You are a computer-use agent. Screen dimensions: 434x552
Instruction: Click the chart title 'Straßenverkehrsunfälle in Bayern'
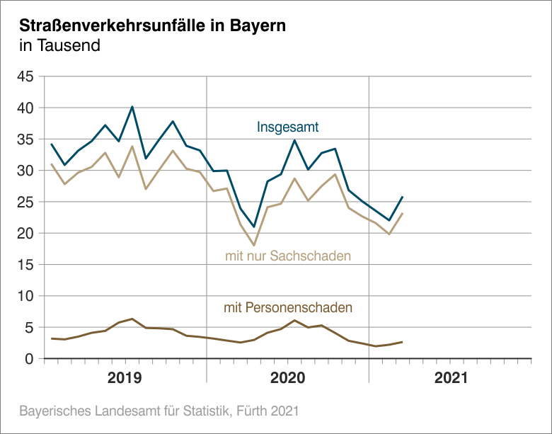[152, 26]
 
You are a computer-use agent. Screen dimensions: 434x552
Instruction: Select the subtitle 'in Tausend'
[59, 47]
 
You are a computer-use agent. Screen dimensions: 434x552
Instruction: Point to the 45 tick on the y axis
[25, 76]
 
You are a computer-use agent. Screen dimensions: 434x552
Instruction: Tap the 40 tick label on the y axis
[25, 108]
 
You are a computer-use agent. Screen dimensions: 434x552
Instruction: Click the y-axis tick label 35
[25, 139]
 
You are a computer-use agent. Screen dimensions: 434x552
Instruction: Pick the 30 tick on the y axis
[25, 171]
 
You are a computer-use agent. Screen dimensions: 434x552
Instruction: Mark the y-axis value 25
[25, 202]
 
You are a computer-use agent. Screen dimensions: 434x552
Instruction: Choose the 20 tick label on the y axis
[25, 233]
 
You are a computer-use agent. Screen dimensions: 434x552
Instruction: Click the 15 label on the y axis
[25, 265]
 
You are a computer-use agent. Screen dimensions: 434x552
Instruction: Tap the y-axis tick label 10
[25, 296]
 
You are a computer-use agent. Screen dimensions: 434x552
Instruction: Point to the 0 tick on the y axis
[30, 359]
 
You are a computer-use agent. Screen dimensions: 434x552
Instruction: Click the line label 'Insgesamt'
[287, 128]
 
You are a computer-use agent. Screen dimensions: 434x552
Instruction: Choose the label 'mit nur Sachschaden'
[288, 255]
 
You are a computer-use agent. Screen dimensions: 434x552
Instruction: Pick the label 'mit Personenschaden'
[288, 308]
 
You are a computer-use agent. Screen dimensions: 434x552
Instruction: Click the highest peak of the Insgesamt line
[132, 107]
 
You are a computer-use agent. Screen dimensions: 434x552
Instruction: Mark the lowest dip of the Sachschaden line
[254, 246]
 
